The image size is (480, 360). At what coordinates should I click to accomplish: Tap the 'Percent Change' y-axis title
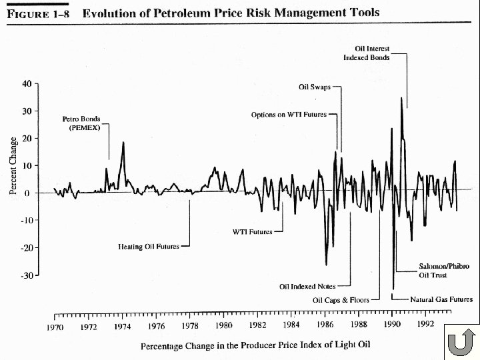tap(14, 166)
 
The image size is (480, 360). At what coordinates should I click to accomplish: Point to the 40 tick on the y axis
tap(27, 84)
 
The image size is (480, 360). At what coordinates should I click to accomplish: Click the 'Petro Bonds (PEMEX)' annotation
tap(81, 124)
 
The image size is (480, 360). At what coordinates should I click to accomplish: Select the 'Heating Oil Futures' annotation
tap(149, 247)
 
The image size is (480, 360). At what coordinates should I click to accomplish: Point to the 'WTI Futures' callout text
tap(252, 232)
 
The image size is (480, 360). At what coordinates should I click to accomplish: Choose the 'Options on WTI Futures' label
tap(289, 115)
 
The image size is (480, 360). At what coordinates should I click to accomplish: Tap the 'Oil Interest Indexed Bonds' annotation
tap(366, 53)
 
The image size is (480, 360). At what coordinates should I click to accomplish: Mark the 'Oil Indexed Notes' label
tap(307, 287)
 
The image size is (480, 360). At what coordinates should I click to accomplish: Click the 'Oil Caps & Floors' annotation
tap(341, 300)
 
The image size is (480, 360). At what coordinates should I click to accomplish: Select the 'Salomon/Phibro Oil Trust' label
tap(443, 270)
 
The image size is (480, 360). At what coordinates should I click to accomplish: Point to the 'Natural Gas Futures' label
tap(441, 299)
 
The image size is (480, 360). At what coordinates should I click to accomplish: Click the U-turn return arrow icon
tap(460, 343)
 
